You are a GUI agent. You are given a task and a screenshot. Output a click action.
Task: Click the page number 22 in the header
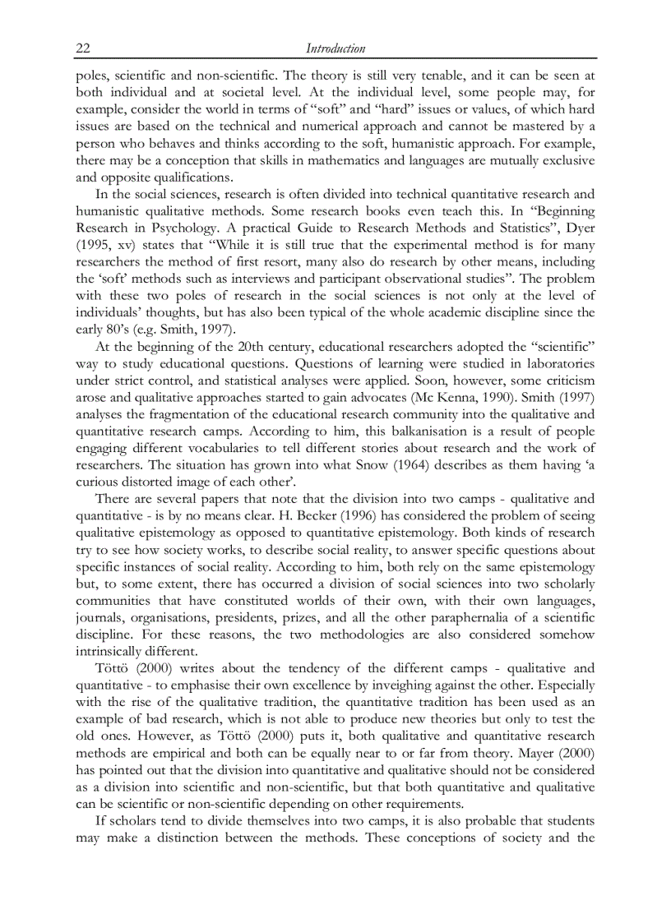(83, 48)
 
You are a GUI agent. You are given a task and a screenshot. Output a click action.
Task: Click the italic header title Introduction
(335, 48)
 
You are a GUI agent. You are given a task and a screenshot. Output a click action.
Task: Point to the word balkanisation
(415, 432)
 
